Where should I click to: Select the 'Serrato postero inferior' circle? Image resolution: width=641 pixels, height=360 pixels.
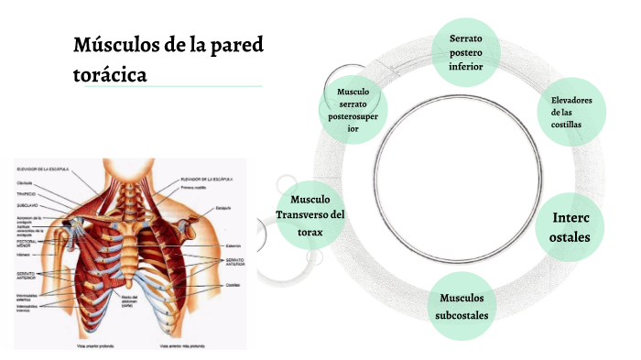pyautogui.click(x=473, y=52)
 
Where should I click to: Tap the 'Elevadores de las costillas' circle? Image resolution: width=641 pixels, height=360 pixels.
pyautogui.click(x=572, y=113)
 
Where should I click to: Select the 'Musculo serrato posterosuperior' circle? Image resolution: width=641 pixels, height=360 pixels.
pyautogui.click(x=353, y=111)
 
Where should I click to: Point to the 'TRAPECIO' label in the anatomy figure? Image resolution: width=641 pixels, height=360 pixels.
pyautogui.click(x=27, y=194)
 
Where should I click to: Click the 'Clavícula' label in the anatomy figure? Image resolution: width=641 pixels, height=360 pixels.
pyautogui.click(x=27, y=183)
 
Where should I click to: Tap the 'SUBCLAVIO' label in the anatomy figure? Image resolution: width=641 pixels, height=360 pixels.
pyautogui.click(x=27, y=206)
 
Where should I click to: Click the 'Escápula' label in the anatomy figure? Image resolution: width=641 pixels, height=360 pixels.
pyautogui.click(x=222, y=209)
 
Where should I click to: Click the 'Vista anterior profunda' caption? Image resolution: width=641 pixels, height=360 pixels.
pyautogui.click(x=85, y=347)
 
